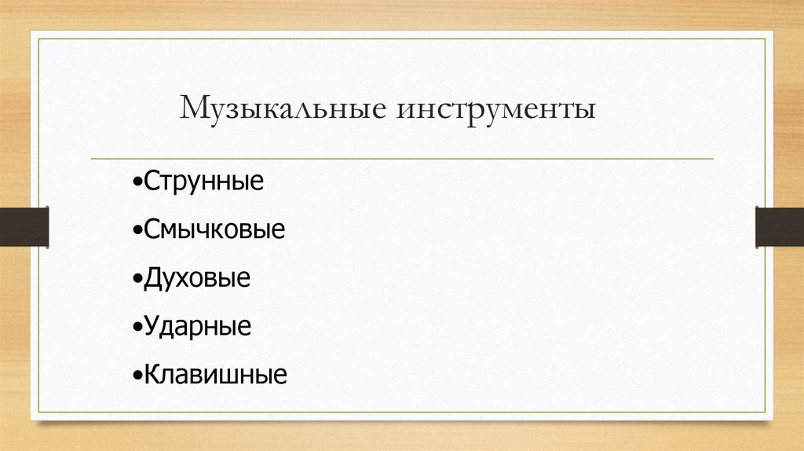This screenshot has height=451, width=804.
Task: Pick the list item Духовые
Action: click(x=197, y=278)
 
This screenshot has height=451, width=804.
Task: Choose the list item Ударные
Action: click(x=198, y=326)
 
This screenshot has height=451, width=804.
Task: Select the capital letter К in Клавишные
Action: click(x=152, y=374)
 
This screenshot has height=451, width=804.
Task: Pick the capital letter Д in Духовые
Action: click(x=152, y=278)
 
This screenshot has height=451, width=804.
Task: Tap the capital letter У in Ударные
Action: click(x=152, y=326)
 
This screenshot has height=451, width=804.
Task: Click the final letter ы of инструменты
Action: click(x=586, y=111)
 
